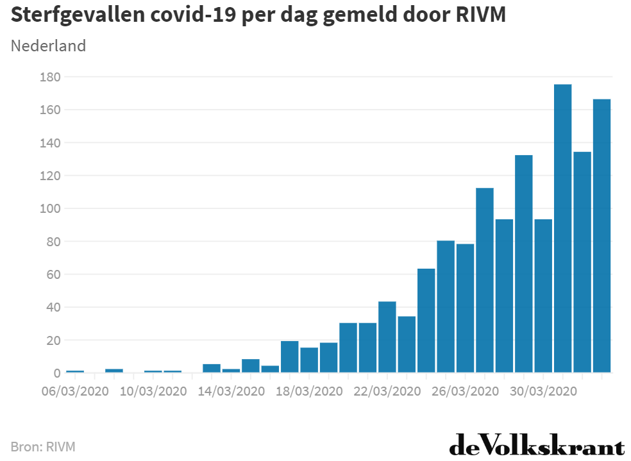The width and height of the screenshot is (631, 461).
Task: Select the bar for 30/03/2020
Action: (543, 296)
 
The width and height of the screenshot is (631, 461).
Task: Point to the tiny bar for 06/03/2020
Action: (75, 371)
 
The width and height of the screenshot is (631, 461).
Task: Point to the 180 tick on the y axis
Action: (49, 77)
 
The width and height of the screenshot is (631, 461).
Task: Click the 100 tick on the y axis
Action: (49, 208)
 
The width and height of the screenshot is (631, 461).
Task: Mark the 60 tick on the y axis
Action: (53, 274)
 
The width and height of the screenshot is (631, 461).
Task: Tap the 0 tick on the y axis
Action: (56, 373)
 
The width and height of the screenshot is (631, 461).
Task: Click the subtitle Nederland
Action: (49, 46)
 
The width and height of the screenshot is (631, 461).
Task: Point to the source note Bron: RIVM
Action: (43, 446)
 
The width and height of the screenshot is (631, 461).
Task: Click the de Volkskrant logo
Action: (536, 445)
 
